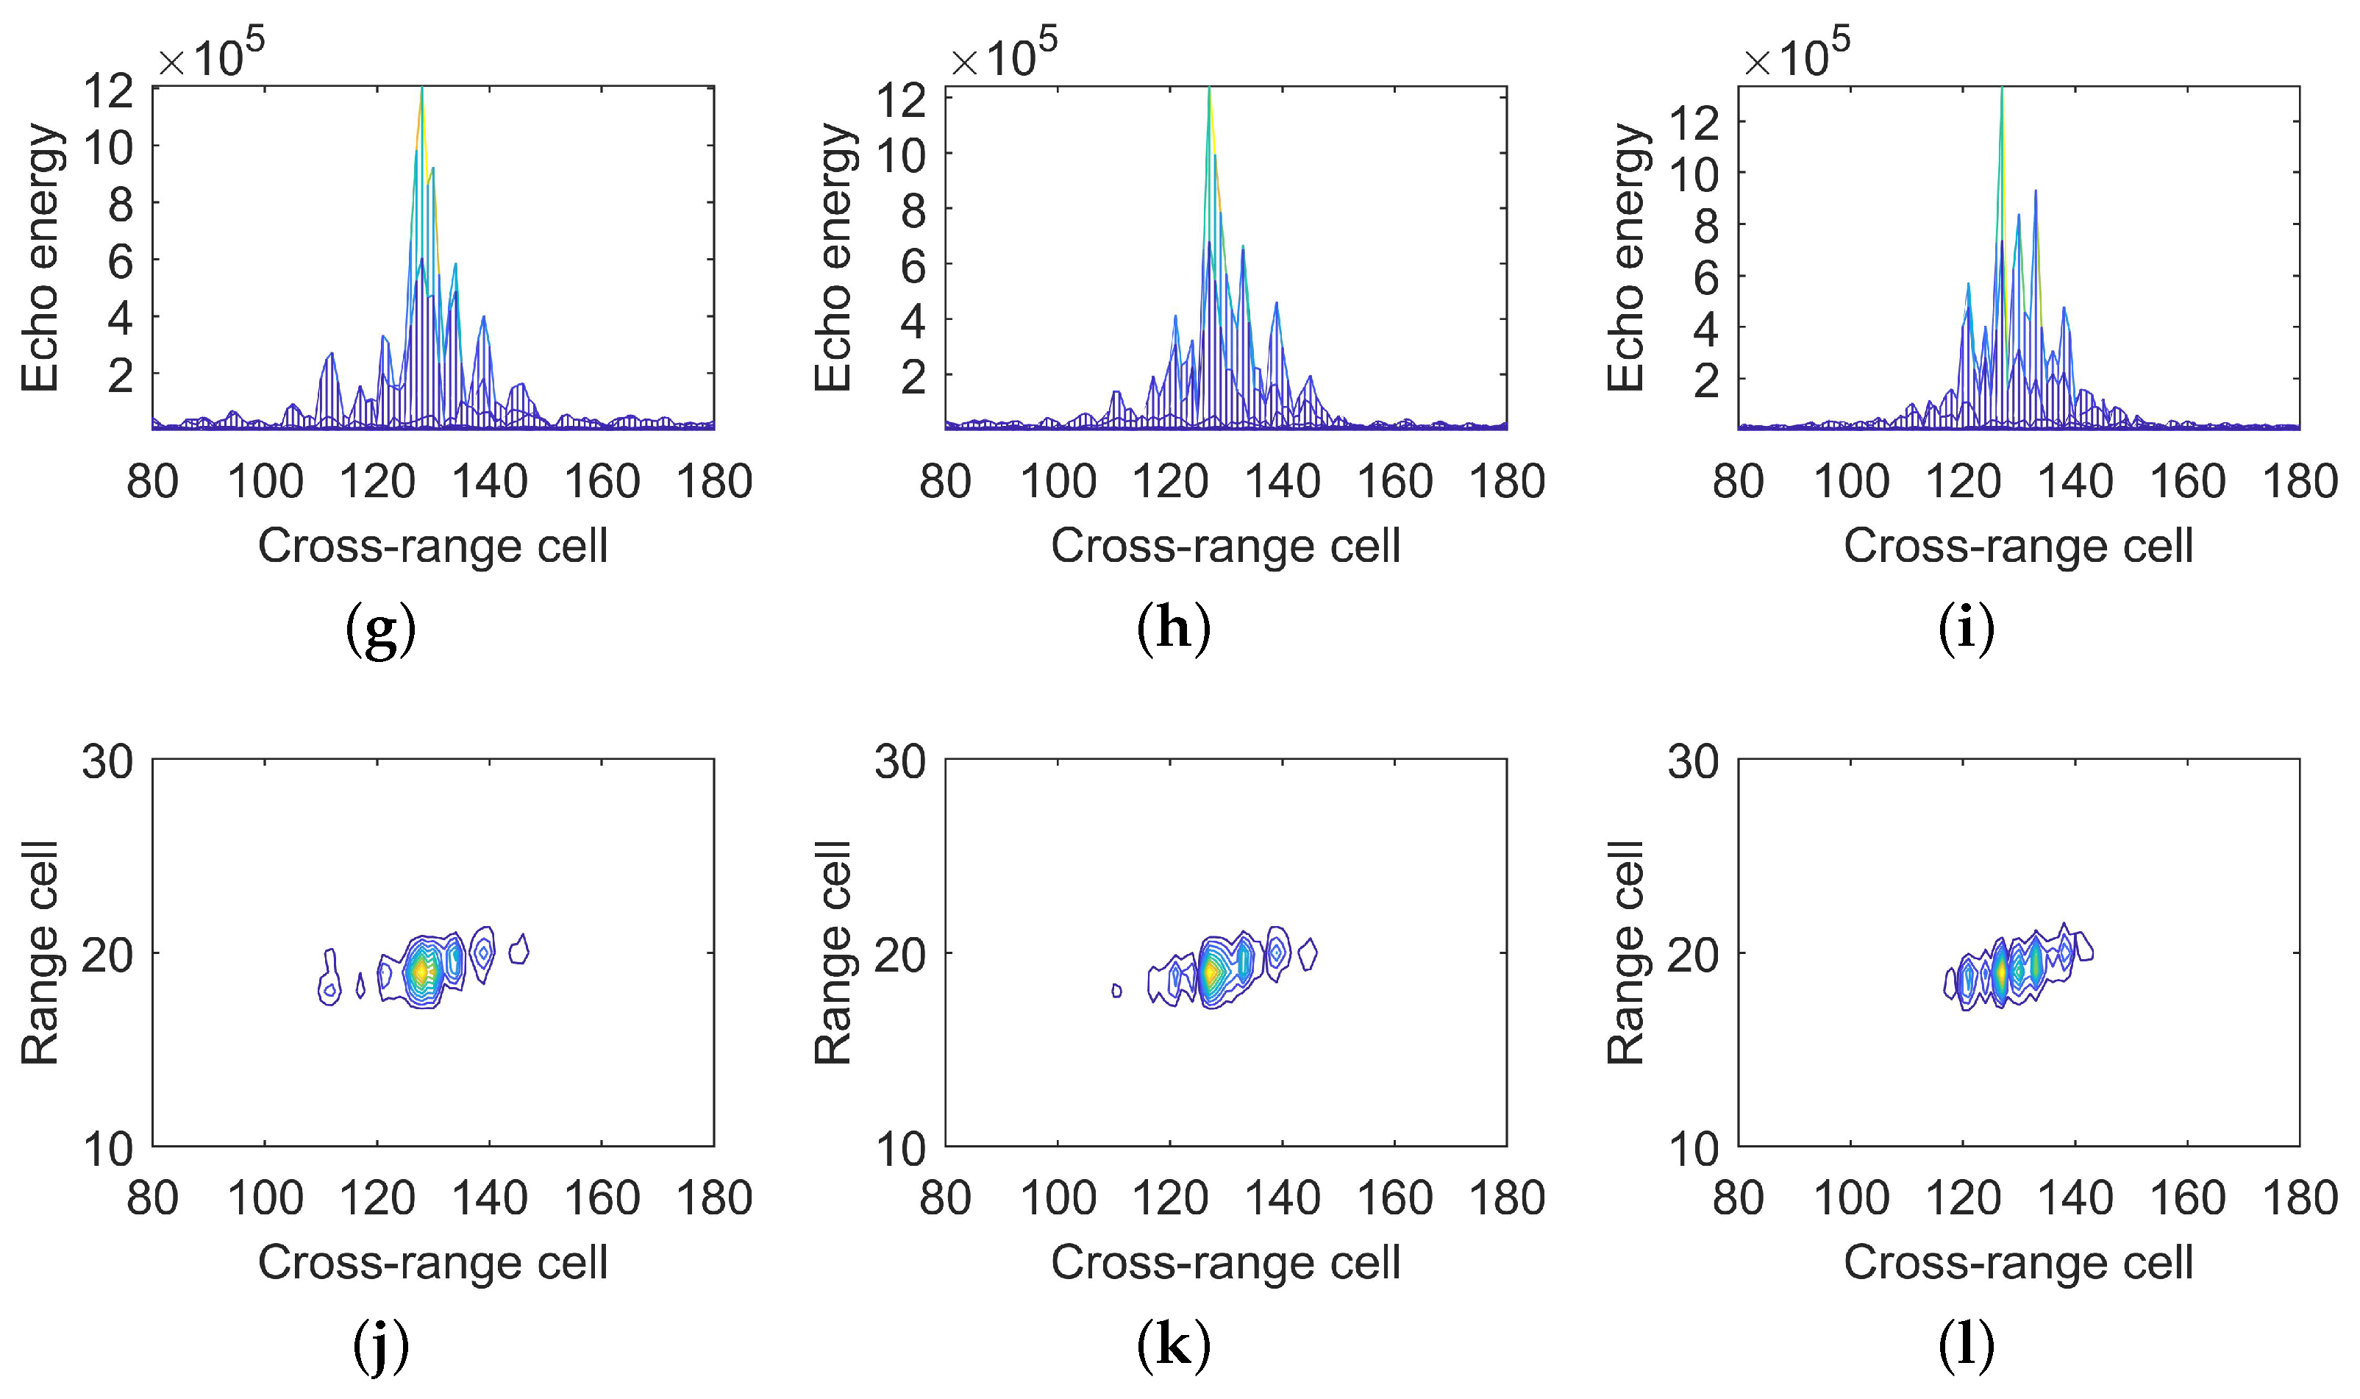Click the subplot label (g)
[381, 630]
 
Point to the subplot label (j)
[381, 1346]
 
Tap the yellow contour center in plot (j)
[421, 970]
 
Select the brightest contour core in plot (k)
[1209, 970]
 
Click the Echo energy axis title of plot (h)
[833, 257]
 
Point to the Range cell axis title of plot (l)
[1626, 952]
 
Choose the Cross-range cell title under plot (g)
[432, 546]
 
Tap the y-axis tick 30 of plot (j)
[107, 762]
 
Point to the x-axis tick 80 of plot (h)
[945, 482]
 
